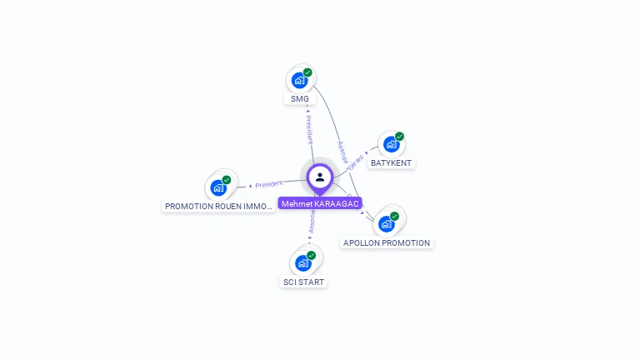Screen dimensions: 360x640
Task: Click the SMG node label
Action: click(300, 99)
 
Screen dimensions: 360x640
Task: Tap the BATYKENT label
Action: click(391, 162)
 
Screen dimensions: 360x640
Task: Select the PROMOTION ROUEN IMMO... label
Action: click(219, 206)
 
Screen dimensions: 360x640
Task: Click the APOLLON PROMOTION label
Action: click(387, 243)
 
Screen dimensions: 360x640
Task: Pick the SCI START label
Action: click(303, 282)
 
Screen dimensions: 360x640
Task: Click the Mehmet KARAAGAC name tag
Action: click(320, 203)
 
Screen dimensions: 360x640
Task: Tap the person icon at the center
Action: click(320, 177)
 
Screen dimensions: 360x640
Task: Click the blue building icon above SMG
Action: click(299, 81)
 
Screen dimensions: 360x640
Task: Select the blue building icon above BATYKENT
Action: click(390, 144)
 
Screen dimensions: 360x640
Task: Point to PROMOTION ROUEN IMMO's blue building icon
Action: click(218, 187)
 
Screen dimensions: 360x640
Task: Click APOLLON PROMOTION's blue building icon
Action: click(386, 224)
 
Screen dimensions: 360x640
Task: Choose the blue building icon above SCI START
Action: click(303, 263)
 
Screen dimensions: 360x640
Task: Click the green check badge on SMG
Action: click(307, 72)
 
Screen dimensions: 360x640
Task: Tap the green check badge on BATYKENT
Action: click(399, 137)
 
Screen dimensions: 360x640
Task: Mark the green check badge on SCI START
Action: click(312, 255)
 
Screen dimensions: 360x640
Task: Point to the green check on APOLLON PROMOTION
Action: click(394, 217)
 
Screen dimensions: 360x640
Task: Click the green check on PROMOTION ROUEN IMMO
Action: click(227, 180)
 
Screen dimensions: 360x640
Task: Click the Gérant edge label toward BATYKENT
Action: click(357, 162)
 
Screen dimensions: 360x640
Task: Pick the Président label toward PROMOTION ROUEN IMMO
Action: click(269, 183)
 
